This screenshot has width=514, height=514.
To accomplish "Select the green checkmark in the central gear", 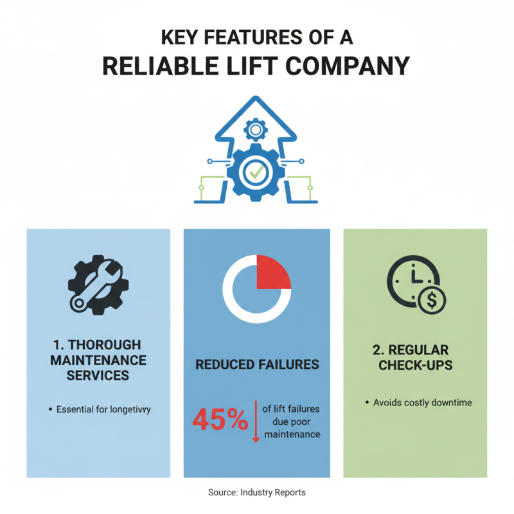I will (256, 172).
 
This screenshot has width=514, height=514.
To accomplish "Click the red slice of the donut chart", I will (272, 272).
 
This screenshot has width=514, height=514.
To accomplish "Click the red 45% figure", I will (220, 421).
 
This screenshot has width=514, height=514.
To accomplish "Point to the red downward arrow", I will (255, 424).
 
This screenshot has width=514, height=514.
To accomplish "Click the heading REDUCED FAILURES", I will (256, 364).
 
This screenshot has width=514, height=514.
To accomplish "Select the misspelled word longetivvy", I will (130, 409).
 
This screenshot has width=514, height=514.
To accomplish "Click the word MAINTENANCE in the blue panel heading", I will (98, 359).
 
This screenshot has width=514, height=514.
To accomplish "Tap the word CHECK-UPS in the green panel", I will (415, 365).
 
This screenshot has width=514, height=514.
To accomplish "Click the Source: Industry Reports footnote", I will (256, 492).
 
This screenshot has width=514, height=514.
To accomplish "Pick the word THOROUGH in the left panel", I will (104, 344).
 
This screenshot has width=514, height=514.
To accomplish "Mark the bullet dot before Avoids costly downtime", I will (368, 403).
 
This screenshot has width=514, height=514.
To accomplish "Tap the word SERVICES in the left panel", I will (98, 375).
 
